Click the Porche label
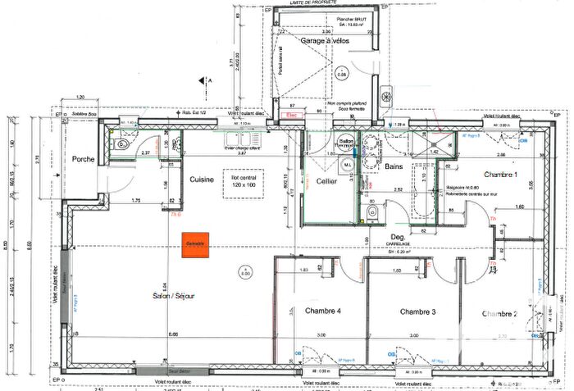pos(83,159)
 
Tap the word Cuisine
pos(202,180)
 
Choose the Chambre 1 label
pos(500,175)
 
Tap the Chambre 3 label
pos(417,311)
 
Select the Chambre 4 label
pos(323,311)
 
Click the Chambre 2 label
pos(499,314)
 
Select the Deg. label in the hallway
pos(399,235)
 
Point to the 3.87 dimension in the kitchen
pos(242,153)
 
